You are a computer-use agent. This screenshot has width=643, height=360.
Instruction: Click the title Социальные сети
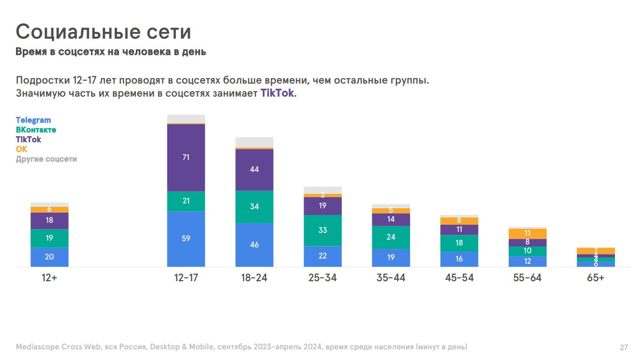pos(103,32)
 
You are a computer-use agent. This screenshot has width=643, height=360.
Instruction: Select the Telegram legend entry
pos(33,120)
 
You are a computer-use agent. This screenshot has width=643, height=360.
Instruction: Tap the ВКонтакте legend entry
pos(36,130)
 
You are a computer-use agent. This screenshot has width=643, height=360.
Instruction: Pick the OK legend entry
pos(22,149)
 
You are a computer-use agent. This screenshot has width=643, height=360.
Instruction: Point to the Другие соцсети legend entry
pos(46,159)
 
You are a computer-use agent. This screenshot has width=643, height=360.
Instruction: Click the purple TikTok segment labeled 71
pos(186,158)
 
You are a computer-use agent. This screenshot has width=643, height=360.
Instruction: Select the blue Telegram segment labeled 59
pos(186,239)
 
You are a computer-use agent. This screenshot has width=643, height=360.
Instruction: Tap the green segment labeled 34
pos(254,207)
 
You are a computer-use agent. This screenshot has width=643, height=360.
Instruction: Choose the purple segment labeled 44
pos(254,170)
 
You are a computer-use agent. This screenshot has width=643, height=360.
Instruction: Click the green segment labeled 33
pos(322,230)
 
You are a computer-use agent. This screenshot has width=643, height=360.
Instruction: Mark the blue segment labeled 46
pos(254,245)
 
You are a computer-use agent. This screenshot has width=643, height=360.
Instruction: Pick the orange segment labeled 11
pos(527,233)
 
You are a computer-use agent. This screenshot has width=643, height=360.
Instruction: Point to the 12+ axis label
pos(49,278)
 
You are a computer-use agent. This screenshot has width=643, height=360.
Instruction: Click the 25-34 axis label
pos(322,278)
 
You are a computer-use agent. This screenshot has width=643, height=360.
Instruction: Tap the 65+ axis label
pos(596,278)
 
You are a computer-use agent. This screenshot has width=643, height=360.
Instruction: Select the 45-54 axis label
pos(459,278)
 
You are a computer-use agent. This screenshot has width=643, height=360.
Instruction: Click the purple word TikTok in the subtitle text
pos(277,93)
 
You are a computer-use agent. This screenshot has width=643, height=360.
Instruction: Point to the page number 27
pos(624,347)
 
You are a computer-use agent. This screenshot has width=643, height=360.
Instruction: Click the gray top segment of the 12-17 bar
pos(186,119)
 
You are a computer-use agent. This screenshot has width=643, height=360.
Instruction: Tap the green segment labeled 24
pos(391,237)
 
